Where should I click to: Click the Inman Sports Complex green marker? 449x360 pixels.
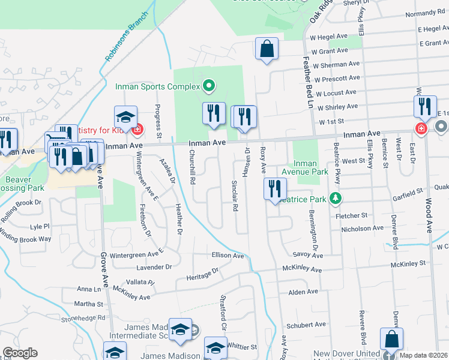point(209,86)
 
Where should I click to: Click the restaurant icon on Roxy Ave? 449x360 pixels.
point(272,188)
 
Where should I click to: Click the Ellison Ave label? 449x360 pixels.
point(228,256)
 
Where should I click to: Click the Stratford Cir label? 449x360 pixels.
point(221,321)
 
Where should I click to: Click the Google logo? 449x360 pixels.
point(20,353)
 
